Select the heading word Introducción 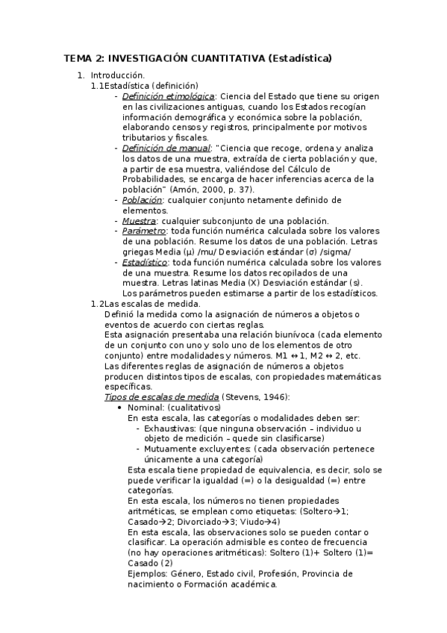(117, 75)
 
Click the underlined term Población (142, 200)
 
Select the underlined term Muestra (139, 221)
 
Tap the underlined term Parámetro (144, 231)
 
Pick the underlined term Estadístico (146, 263)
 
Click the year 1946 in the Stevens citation (272, 396)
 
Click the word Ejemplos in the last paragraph (148, 573)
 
